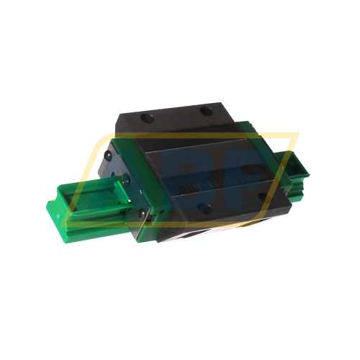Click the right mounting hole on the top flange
[x=207, y=110]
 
